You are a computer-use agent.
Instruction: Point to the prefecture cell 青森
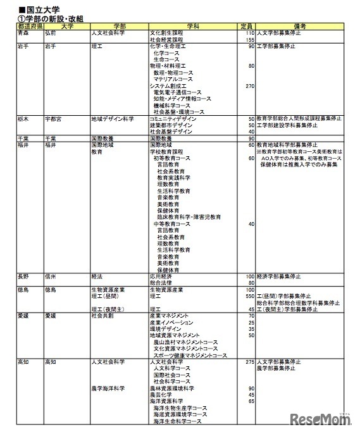pyautogui.click(x=25, y=32)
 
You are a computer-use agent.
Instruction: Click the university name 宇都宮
pyautogui.click(x=56, y=118)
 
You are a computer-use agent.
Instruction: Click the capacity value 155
pyautogui.click(x=249, y=39)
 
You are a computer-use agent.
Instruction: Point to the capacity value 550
pyautogui.click(x=249, y=295)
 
